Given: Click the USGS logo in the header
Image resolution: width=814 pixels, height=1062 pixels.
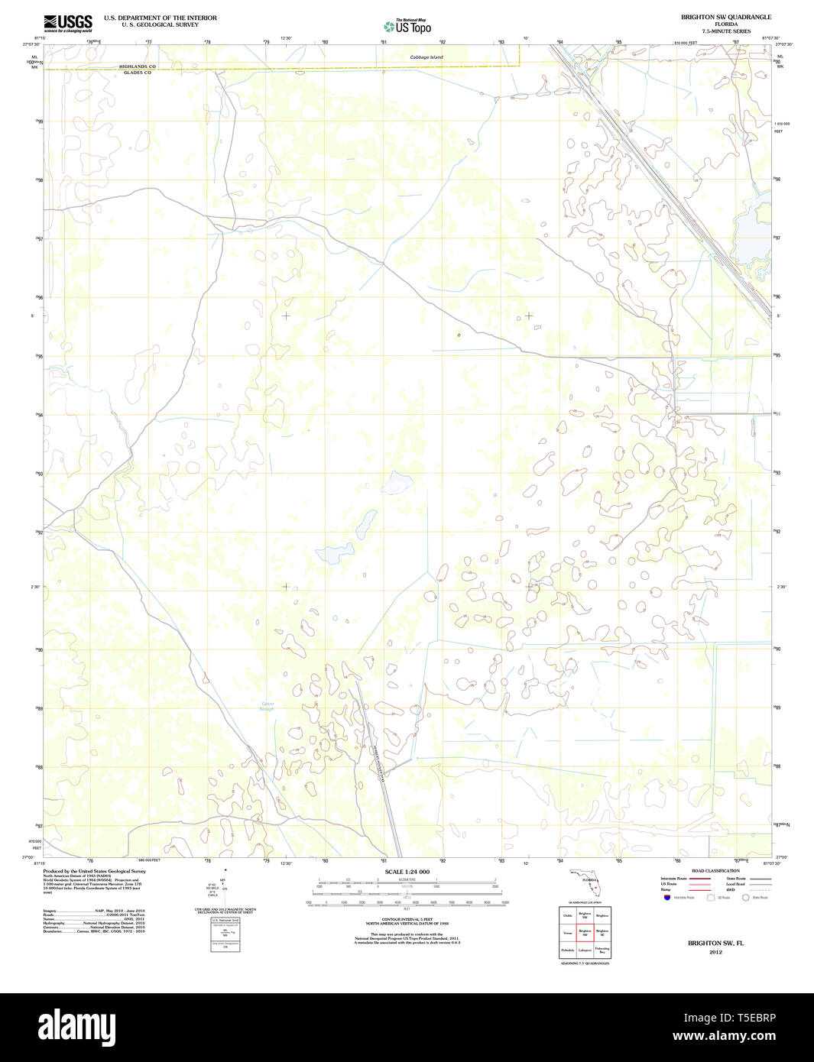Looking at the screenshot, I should pyautogui.click(x=68, y=23).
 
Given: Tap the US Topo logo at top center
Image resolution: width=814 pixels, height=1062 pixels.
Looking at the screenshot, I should pyautogui.click(x=407, y=26).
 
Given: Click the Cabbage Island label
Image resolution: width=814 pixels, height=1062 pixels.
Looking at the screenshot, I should pyautogui.click(x=426, y=57).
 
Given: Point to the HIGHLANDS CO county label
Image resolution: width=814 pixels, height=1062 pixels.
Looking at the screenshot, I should pyautogui.click(x=137, y=66).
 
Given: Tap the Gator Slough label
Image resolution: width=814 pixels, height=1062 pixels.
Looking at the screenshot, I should pyautogui.click(x=267, y=706).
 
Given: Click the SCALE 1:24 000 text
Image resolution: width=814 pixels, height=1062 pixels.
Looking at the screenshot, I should pyautogui.click(x=407, y=872).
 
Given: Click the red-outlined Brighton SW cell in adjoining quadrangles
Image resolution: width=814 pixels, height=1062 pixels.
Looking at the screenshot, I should pyautogui.click(x=585, y=932).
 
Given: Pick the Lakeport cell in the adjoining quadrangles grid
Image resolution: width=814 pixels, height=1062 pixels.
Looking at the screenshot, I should pyautogui.click(x=585, y=950).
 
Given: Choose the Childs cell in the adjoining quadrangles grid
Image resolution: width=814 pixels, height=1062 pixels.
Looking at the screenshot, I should pyautogui.click(x=567, y=915).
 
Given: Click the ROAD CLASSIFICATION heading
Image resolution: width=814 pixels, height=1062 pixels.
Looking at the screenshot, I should pyautogui.click(x=715, y=871).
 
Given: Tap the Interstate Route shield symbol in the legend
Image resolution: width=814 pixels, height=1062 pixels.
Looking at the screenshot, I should pyautogui.click(x=666, y=898).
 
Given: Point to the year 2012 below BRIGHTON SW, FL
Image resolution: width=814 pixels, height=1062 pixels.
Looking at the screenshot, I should pyautogui.click(x=715, y=952).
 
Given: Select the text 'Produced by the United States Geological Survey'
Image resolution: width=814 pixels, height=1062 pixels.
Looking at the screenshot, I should pyautogui.click(x=94, y=871).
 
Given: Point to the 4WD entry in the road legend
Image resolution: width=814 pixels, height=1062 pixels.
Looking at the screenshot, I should pyautogui.click(x=731, y=890).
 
